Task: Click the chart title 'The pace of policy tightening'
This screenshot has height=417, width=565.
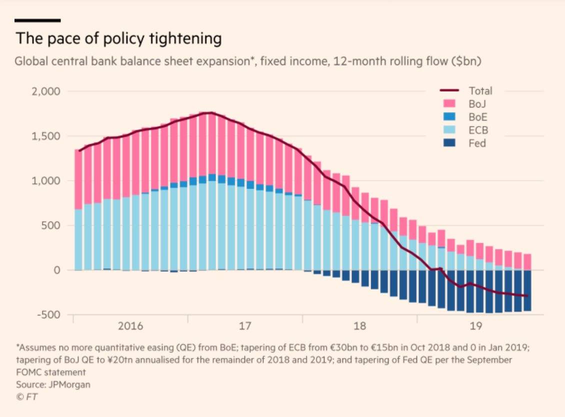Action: pos(118,39)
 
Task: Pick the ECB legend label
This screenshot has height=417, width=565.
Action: pos(478,130)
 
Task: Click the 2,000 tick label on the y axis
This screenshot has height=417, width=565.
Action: pos(45,92)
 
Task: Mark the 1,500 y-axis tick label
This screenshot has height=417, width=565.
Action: pos(46,136)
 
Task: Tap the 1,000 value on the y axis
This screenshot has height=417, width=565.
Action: pos(46,181)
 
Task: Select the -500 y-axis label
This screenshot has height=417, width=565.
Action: pos(48,315)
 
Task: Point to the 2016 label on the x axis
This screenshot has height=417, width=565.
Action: pos(130,326)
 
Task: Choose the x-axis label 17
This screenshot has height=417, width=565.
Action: pos(245,326)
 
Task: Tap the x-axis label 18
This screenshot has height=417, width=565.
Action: pos(360,326)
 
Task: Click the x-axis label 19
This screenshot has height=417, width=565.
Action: pos(475,326)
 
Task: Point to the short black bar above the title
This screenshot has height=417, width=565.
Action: pos(37,21)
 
